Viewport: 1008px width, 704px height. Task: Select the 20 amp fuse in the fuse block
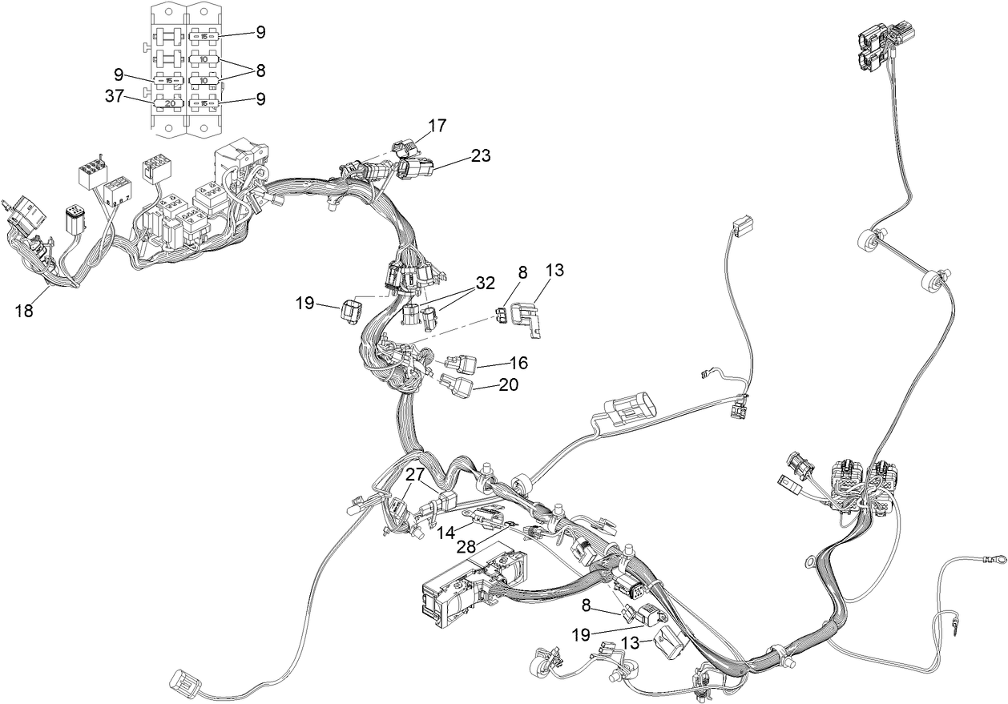pos(169,104)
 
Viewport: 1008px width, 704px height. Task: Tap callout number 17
pos(437,126)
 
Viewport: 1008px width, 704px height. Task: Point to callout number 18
pos(25,311)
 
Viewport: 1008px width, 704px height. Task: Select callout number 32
pos(484,282)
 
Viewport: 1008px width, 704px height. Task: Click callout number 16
pos(518,363)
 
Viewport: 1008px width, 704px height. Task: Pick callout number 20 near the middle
pos(508,384)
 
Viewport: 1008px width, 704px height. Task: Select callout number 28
pos(466,547)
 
